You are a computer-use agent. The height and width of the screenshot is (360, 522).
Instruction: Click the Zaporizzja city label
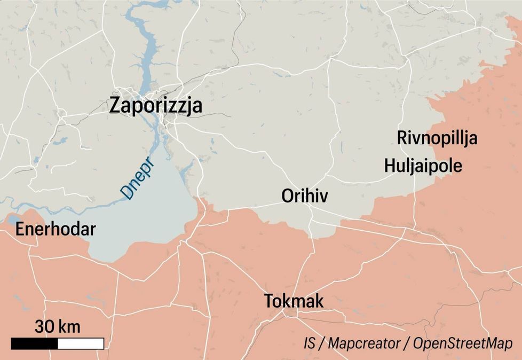click(155, 105)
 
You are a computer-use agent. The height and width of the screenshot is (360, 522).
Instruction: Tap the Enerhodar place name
click(56, 230)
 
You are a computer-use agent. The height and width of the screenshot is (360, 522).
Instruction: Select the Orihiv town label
click(305, 197)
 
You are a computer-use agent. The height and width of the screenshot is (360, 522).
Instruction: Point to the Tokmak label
click(294, 301)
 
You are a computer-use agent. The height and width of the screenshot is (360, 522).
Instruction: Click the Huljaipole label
click(423, 166)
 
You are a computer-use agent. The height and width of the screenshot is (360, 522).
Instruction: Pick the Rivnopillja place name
click(437, 138)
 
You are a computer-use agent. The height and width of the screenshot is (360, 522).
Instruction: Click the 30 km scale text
click(58, 326)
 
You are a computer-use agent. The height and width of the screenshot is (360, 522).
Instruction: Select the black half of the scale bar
click(34, 343)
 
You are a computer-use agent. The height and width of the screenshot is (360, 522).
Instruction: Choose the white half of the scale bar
click(81, 343)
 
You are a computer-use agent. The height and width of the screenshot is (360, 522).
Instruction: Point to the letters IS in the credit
click(310, 343)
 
